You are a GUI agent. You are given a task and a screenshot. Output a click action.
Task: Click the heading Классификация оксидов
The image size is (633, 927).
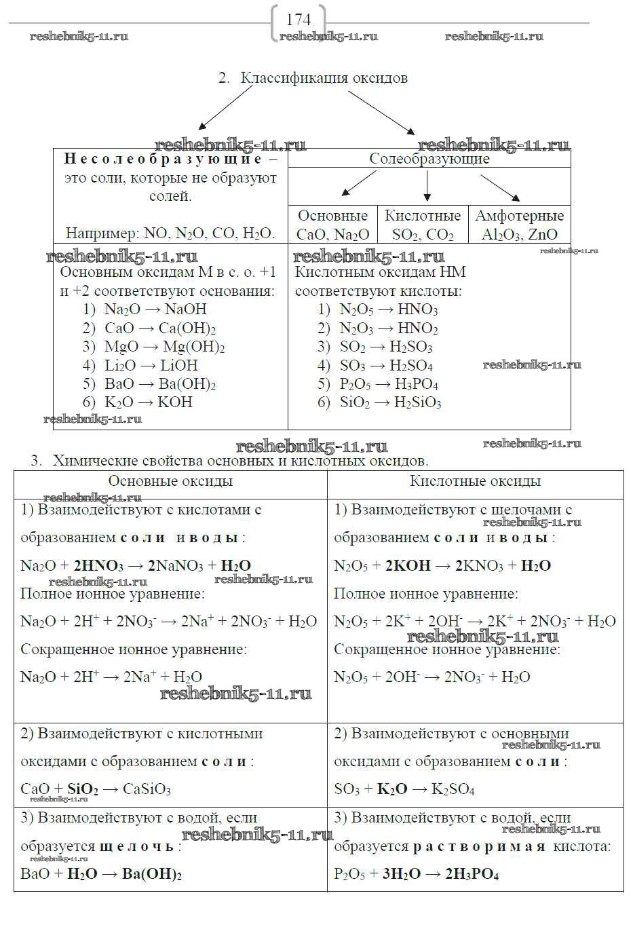coord(324,78)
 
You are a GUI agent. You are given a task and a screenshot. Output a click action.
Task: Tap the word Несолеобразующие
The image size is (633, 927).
coord(163,159)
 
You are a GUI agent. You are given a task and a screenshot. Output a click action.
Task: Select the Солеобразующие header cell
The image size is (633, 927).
coord(429,159)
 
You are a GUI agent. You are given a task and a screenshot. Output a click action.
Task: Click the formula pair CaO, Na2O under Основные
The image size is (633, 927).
coord(332,235)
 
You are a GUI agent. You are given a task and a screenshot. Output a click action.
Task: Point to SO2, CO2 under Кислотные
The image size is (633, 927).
coord(423,235)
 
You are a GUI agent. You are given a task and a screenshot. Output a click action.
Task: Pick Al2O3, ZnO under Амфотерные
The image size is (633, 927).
coord(519,235)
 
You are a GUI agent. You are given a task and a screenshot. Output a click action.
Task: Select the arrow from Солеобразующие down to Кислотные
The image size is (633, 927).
coord(427,186)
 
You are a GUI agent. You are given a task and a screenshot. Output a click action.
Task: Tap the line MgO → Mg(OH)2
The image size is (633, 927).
coord(164,347)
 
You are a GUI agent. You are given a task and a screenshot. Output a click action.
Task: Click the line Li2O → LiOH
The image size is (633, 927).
coord(151,365)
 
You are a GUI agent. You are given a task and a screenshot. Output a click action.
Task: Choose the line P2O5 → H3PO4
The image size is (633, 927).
coord(389,384)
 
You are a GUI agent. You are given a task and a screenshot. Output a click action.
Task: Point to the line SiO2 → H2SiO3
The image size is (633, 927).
coord(390,402)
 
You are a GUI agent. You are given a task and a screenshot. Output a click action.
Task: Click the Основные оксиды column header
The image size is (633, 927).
coord(170,482)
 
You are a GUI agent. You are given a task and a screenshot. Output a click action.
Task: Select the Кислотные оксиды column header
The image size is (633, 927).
coord(475,482)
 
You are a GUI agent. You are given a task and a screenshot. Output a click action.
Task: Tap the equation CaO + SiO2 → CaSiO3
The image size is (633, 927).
coord(96,789)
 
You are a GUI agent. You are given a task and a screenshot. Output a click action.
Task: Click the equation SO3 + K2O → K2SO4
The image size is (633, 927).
coord(404,789)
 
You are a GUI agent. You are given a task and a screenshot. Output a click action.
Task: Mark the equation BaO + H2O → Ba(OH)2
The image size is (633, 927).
coord(101,874)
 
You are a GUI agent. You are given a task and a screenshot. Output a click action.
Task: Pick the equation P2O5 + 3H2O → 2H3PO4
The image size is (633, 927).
coord(416,874)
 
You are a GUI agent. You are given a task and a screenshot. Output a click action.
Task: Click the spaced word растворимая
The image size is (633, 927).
coord(479,846)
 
